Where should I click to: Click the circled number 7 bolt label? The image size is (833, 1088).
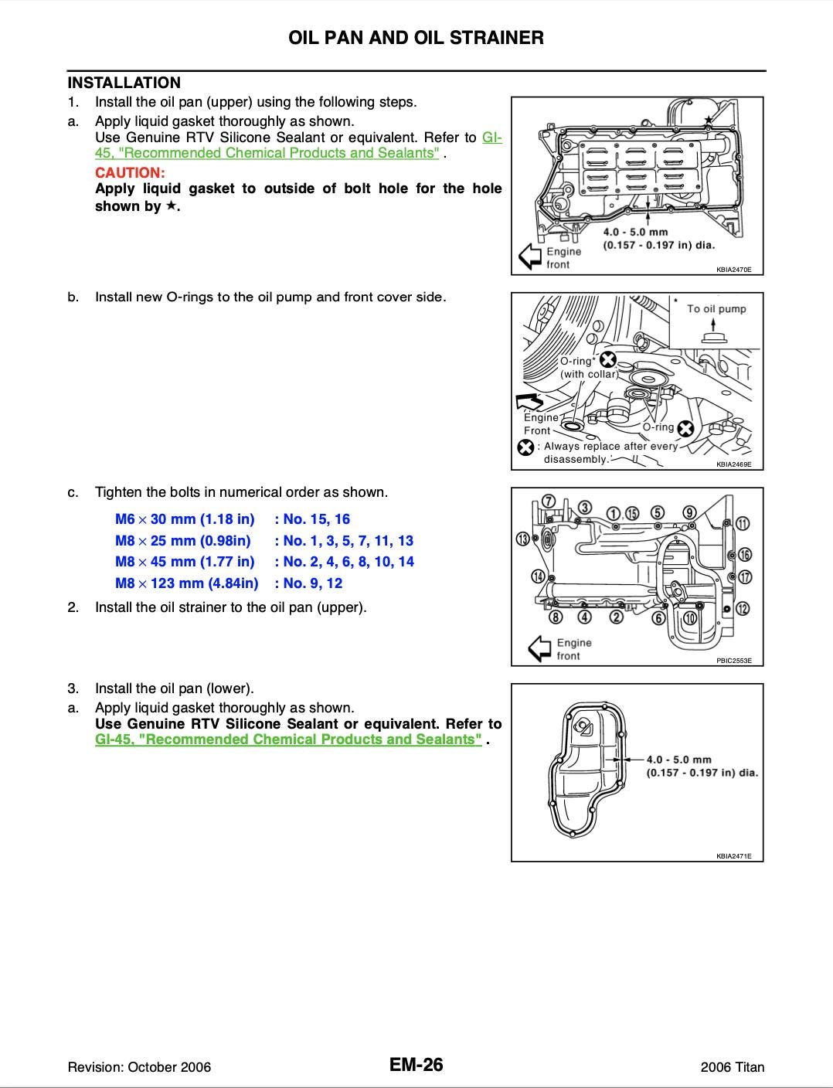click(x=548, y=501)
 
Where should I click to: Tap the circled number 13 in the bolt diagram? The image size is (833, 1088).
click(x=523, y=539)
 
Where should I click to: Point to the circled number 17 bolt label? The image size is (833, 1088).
click(x=745, y=577)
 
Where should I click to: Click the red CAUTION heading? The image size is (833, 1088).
click(x=130, y=172)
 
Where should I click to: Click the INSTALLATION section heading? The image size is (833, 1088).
click(x=124, y=83)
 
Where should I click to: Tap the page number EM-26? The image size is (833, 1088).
click(x=416, y=1066)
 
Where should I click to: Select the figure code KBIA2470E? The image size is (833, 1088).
click(x=733, y=270)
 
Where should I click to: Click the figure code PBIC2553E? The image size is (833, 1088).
click(x=733, y=661)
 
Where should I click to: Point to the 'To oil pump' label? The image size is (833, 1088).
click(x=716, y=309)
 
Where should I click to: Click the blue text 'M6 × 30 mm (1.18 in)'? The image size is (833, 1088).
click(x=185, y=519)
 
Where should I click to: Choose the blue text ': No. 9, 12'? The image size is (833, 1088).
click(x=308, y=583)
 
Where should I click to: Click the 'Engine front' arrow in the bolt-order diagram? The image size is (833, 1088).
click(x=539, y=648)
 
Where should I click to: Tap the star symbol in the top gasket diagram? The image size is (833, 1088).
click(x=709, y=120)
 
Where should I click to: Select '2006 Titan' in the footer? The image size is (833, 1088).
click(x=732, y=1067)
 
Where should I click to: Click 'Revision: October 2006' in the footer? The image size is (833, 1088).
click(x=139, y=1067)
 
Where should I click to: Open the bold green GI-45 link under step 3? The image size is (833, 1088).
click(x=288, y=739)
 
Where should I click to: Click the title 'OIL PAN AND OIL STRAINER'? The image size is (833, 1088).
click(x=416, y=38)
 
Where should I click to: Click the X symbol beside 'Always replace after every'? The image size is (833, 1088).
click(x=525, y=447)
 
